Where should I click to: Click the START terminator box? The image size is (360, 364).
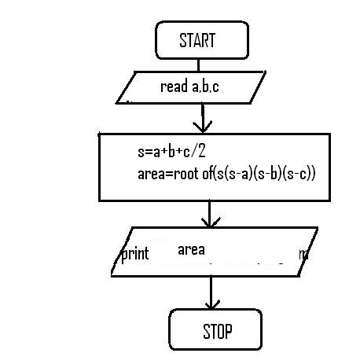tap(201, 40)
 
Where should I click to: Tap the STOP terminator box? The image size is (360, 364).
tap(215, 330)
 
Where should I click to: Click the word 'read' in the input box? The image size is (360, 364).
tap(174, 87)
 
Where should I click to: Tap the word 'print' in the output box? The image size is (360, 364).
tap(134, 255)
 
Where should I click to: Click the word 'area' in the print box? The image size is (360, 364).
tap(191, 250)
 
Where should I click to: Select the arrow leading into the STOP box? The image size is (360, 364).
tap(211, 292)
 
